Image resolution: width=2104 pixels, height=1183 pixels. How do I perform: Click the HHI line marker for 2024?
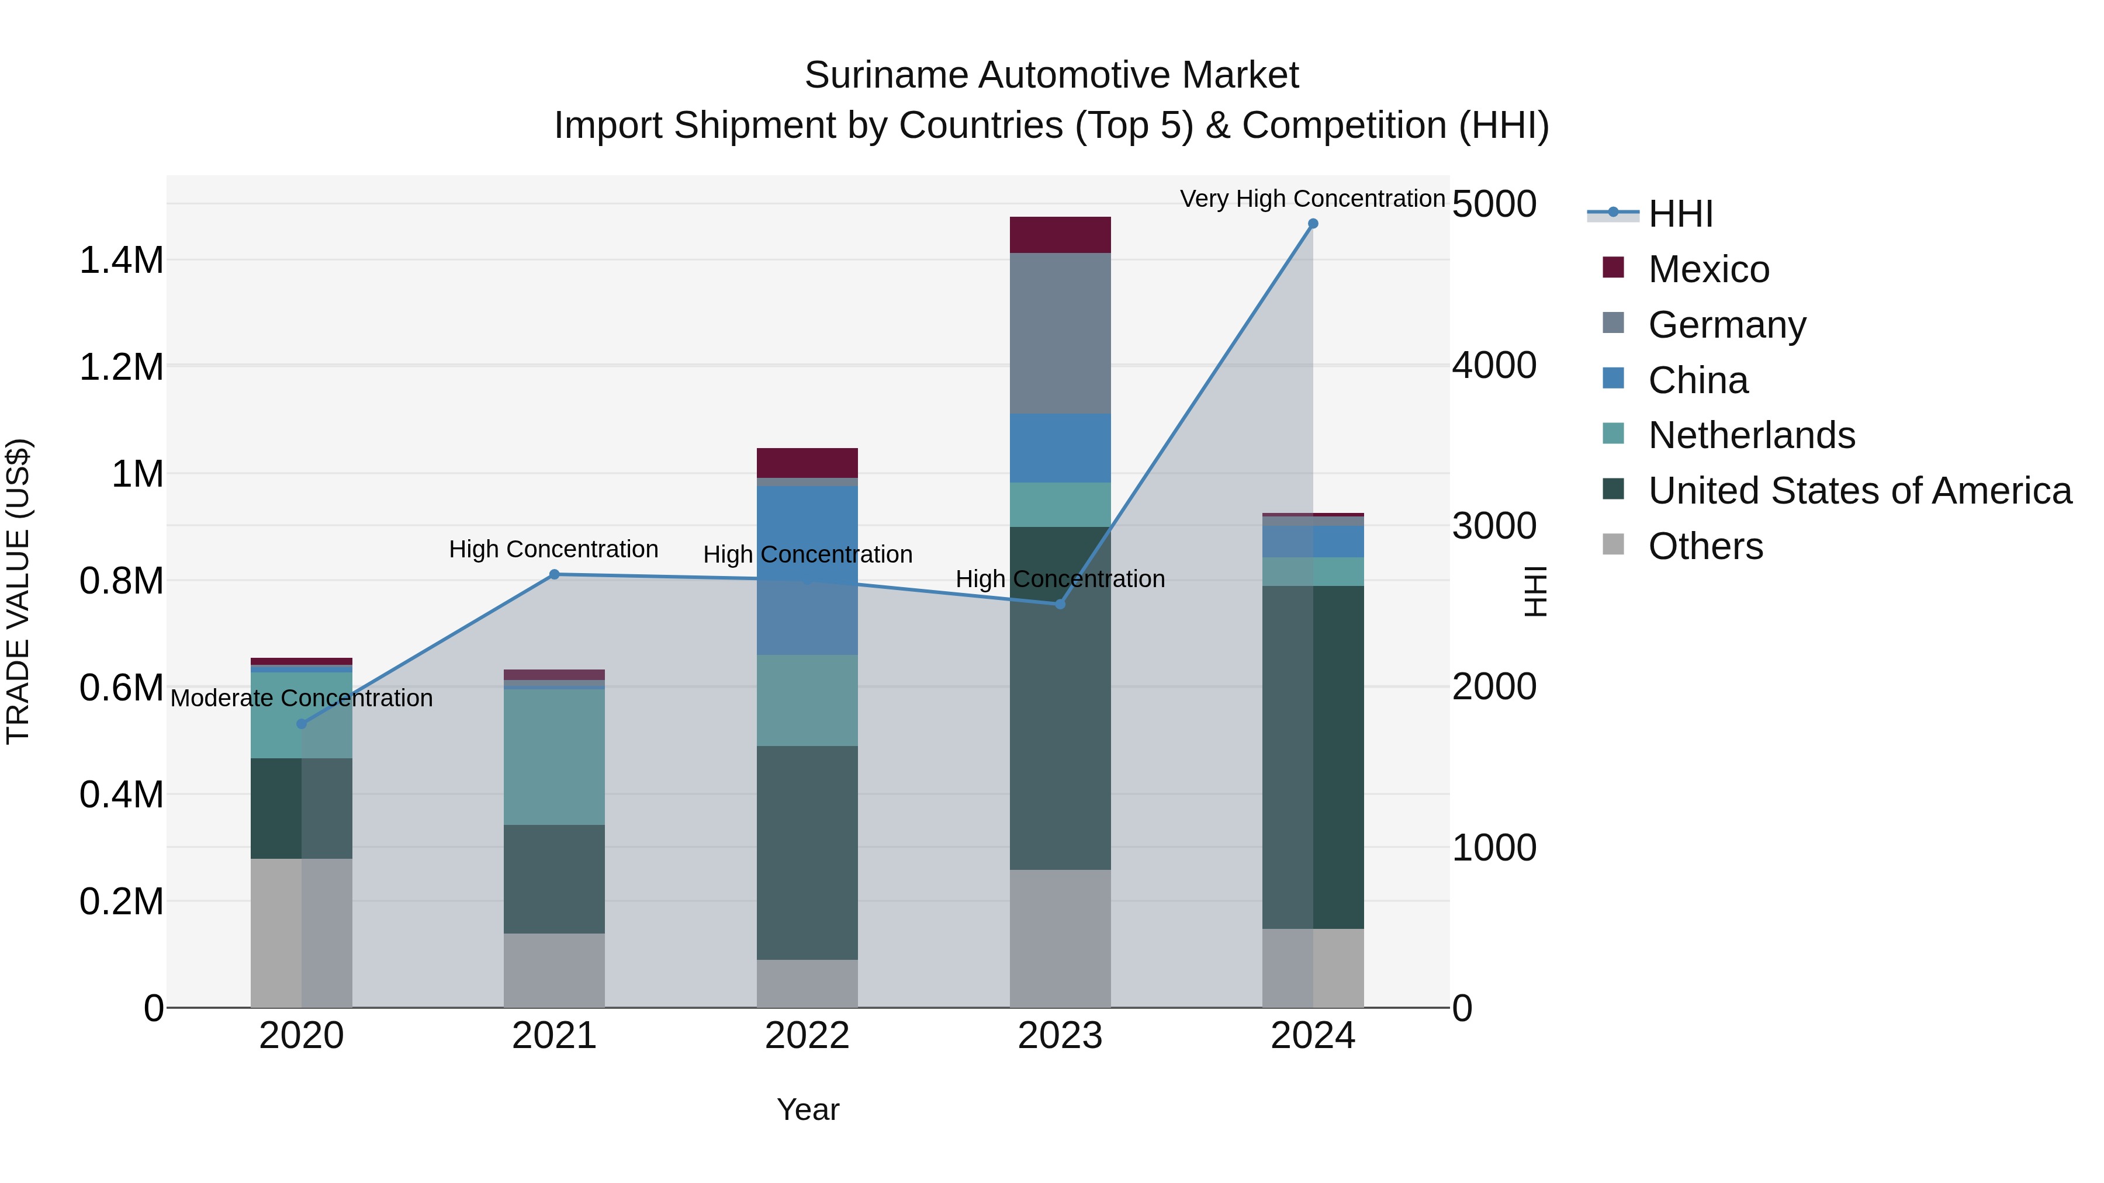1313,224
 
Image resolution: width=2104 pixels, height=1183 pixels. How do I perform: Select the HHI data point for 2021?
554,575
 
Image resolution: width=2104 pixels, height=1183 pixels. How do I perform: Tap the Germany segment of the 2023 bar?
1060,333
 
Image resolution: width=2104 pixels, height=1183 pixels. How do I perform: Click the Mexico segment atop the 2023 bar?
1060,235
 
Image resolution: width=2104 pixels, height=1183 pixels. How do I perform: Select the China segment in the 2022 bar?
807,570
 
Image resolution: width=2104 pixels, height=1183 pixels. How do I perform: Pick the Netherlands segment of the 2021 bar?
554,757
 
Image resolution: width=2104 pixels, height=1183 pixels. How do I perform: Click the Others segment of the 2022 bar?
807,983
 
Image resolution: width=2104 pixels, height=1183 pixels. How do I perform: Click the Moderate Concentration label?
302,698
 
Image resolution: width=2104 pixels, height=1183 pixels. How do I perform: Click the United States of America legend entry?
1860,491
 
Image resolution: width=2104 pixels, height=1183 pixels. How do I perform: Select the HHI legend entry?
1680,214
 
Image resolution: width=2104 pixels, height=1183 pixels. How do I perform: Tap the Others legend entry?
1705,546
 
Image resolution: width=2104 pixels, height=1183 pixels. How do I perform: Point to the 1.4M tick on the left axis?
121,261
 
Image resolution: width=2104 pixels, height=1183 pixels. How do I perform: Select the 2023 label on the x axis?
1060,1036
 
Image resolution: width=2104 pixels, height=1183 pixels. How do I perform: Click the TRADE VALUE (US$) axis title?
18,591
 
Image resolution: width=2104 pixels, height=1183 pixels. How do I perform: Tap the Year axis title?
808,1109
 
